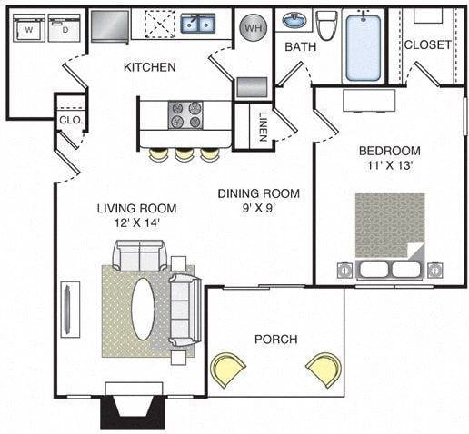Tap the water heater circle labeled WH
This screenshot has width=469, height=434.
pyautogui.click(x=252, y=28)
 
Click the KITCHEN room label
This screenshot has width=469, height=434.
pyautogui.click(x=149, y=67)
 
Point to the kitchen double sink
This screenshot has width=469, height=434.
pyautogui.click(x=196, y=24)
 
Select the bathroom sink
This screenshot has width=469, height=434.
pyautogui.click(x=294, y=20)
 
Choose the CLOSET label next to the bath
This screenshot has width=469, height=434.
pyautogui.click(x=428, y=44)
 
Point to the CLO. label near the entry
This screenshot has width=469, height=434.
pyautogui.click(x=70, y=119)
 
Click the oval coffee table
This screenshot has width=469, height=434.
pyautogui.click(x=143, y=308)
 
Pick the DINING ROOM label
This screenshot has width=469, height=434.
pyautogui.click(x=258, y=193)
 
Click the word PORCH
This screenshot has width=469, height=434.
pyautogui.click(x=275, y=339)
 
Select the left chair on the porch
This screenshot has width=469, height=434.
pyautogui.click(x=228, y=369)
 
